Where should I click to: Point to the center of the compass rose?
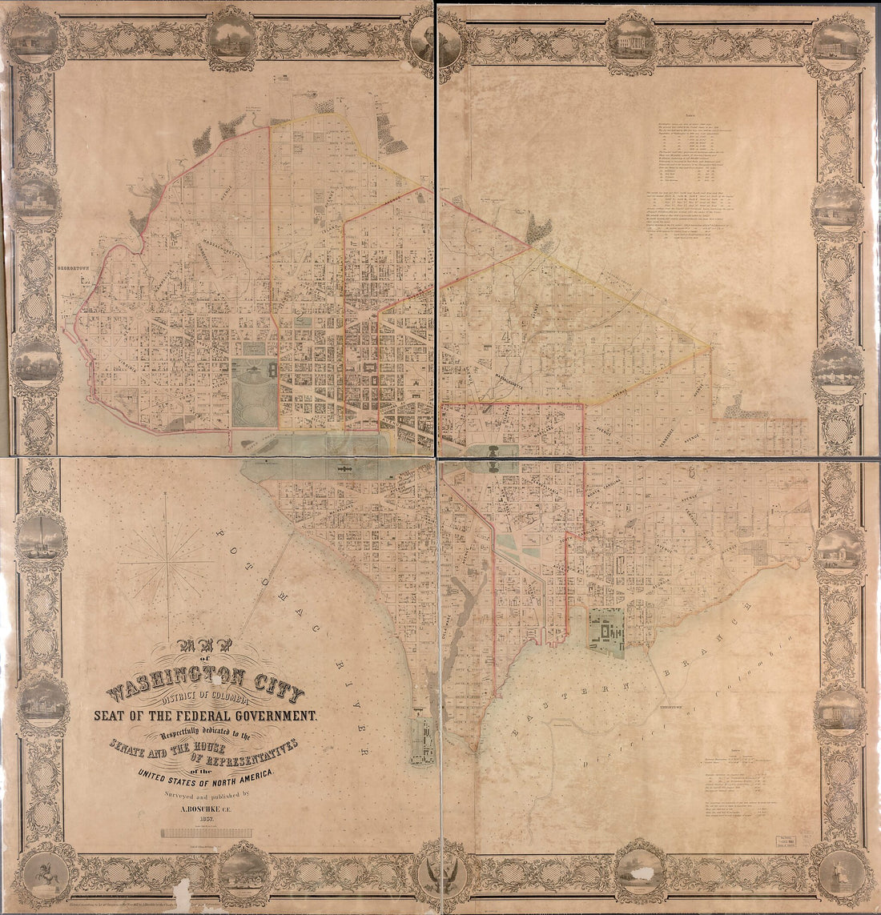(167, 563)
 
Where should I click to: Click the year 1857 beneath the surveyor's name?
(207, 821)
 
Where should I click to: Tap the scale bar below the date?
(206, 833)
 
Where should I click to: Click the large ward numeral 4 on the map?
(505, 336)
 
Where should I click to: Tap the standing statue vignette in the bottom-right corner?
(838, 873)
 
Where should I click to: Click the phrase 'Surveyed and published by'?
(207, 795)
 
